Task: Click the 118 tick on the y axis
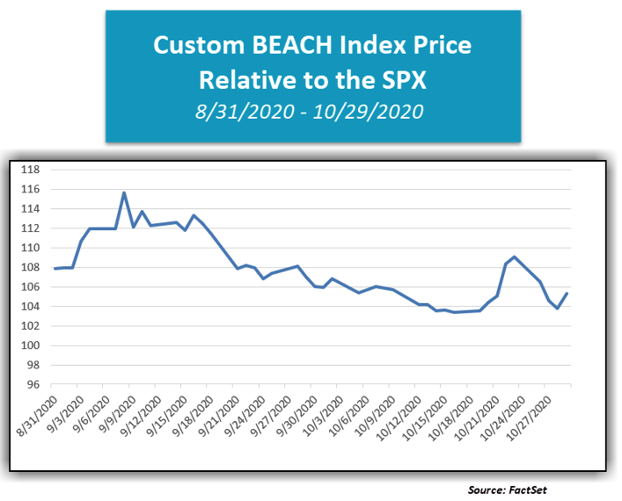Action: point(31,170)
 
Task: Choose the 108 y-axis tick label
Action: point(31,267)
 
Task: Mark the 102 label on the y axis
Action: point(31,326)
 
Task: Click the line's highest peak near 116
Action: point(124,192)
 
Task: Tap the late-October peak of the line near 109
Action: point(514,257)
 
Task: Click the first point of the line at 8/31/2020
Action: point(55,269)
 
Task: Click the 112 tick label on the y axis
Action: point(31,229)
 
